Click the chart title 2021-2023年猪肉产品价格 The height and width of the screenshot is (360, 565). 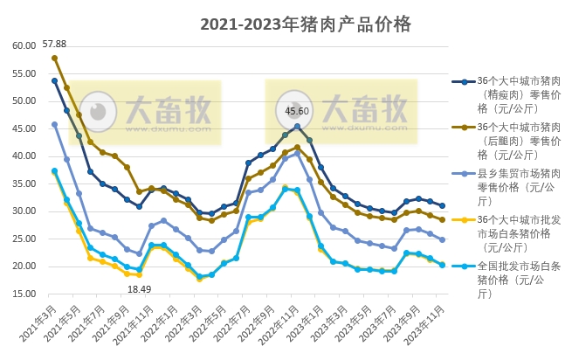click(x=305, y=24)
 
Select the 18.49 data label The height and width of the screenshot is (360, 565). click(x=139, y=287)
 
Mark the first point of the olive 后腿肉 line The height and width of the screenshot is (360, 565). click(x=54, y=58)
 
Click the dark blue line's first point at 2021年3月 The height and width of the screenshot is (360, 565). click(x=54, y=80)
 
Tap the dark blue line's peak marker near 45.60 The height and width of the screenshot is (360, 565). click(x=297, y=126)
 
